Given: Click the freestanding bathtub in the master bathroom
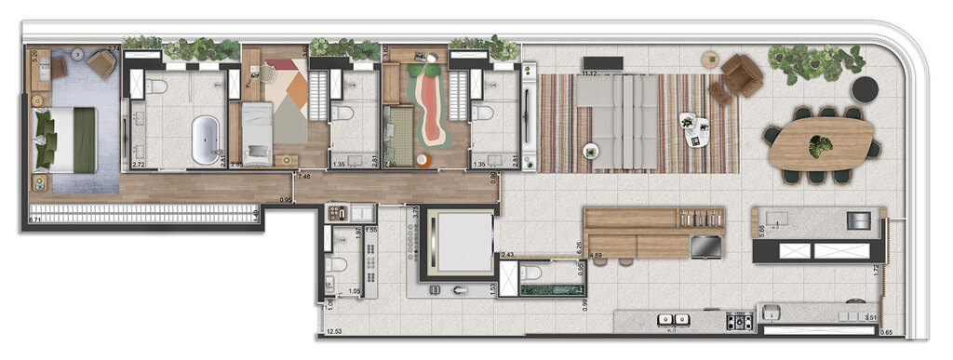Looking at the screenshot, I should click(206, 139).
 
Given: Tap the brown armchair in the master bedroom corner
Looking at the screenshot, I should click(102, 63).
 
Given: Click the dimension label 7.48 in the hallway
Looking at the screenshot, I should click(303, 177).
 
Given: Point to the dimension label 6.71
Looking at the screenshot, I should click(36, 220).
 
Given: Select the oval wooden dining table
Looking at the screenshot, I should click(821, 144).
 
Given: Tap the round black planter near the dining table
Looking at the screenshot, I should click(866, 89).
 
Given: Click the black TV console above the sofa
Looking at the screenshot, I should click(602, 63).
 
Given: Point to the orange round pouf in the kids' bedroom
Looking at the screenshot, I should click(422, 159).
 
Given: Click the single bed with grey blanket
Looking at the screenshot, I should click(256, 133).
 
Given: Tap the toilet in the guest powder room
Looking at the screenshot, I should click(530, 273).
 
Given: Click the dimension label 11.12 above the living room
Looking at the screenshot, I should click(588, 73).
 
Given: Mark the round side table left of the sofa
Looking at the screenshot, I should click(590, 151).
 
